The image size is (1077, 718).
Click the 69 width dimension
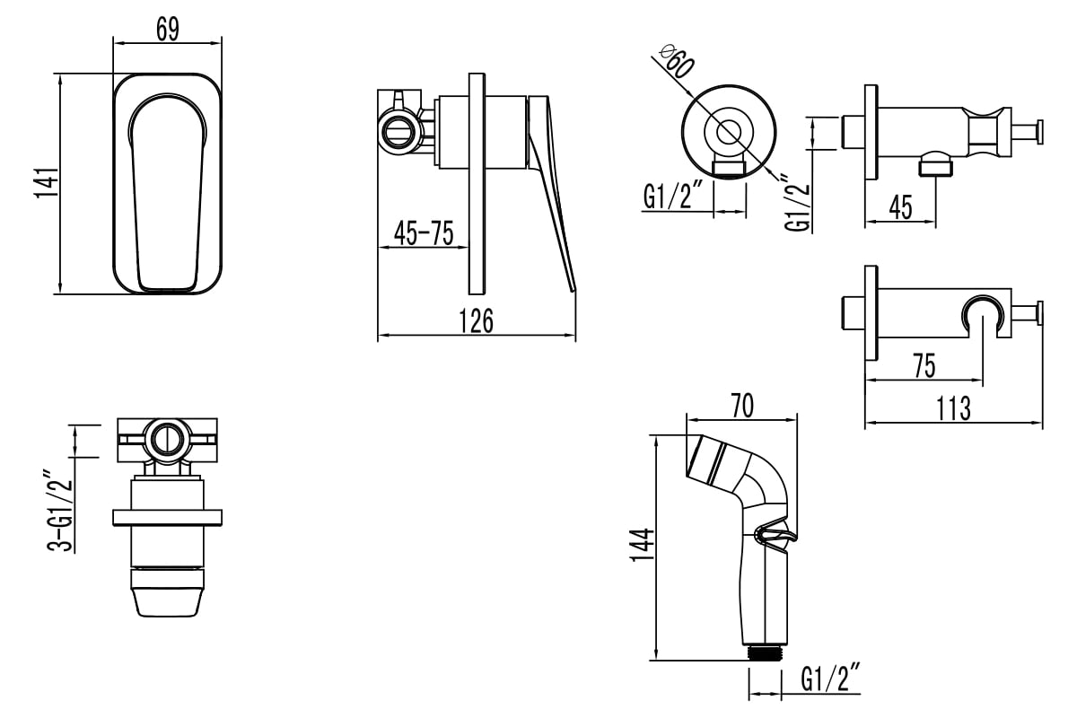[168, 29]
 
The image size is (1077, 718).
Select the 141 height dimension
[47, 182]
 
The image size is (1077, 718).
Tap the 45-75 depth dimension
[424, 233]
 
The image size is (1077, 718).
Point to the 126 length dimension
[476, 320]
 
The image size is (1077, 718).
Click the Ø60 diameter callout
[677, 61]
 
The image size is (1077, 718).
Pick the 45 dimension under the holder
[900, 207]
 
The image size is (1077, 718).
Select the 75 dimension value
[924, 366]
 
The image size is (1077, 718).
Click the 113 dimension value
[953, 408]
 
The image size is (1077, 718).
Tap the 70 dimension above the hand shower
[742, 406]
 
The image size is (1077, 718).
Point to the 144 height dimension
[643, 545]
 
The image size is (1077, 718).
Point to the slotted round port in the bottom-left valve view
[167, 439]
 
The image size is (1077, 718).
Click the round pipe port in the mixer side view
[398, 131]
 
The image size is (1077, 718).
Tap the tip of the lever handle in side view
[574, 291]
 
